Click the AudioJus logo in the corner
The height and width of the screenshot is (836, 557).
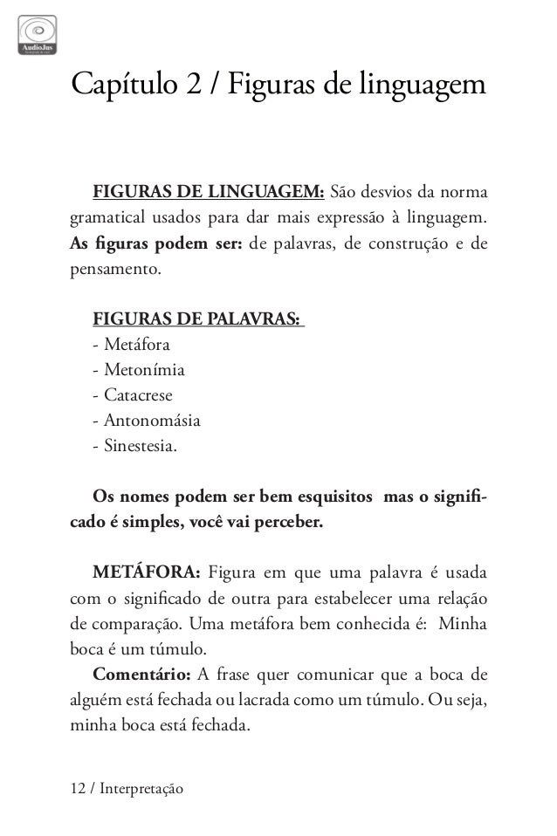coord(38,32)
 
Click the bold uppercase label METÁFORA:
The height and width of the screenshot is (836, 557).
coord(147,572)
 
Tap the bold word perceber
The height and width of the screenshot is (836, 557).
coord(285,523)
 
